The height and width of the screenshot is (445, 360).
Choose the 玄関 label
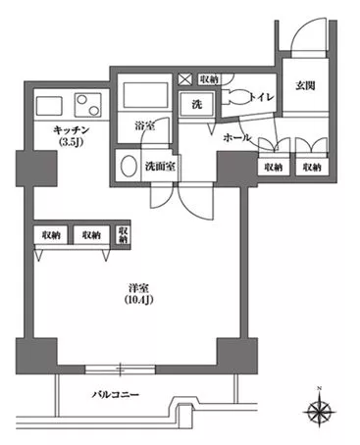[303, 86]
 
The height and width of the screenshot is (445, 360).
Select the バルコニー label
[116, 395]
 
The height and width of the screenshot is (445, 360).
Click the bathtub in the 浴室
[145, 98]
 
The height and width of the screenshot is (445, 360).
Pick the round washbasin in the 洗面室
[126, 166]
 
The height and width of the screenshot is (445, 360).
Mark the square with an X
[185, 79]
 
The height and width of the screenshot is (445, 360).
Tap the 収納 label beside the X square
[208, 79]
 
